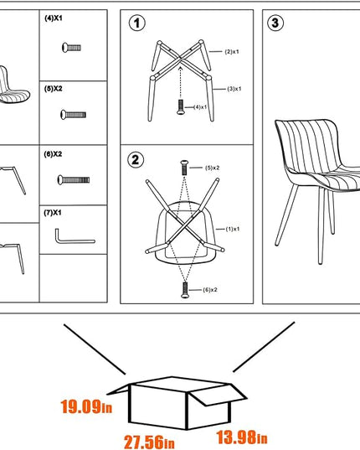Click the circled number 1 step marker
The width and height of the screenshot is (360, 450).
click(137, 23)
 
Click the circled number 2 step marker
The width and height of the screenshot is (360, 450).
click(136, 159)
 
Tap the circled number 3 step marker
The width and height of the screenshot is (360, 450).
click(275, 23)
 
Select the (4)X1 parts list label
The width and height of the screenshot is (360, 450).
click(54, 18)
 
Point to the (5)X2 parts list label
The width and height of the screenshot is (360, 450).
click(54, 89)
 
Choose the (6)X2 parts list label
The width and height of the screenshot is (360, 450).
click(53, 154)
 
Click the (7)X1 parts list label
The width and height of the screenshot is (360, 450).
click(53, 213)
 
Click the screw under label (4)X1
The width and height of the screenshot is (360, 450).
click(72, 48)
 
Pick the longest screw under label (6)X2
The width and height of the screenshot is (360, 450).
click(74, 180)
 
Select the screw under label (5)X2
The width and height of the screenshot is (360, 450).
click(74, 115)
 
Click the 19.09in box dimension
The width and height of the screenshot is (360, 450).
click(86, 406)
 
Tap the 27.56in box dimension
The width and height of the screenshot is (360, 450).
click(149, 442)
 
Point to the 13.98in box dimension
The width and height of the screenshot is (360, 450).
click(242, 437)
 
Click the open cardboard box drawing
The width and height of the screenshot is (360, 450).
click(177, 403)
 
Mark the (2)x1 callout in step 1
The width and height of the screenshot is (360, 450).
click(232, 52)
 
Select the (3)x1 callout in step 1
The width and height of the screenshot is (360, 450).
click(234, 89)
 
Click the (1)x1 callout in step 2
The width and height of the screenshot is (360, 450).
click(233, 229)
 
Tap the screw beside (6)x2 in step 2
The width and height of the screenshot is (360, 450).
click(185, 290)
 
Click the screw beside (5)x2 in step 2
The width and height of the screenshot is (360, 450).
click(184, 168)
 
